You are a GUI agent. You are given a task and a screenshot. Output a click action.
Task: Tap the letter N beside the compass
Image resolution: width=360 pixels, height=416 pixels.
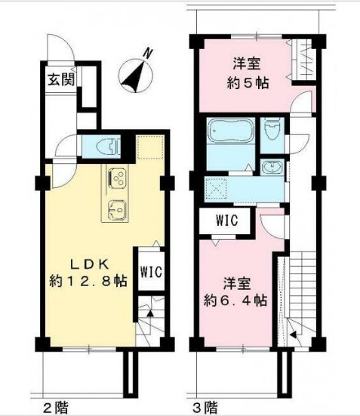point(150,52)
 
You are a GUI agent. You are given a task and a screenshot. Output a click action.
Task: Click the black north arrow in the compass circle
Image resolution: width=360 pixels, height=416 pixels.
point(137,74)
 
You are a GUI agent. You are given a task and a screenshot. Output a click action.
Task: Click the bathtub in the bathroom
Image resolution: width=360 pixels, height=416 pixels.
point(232,133)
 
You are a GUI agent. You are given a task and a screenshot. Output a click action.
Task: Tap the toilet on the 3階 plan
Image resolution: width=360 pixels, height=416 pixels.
point(273,131)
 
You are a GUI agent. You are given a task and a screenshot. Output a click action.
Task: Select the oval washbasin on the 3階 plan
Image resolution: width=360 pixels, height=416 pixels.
point(271,165)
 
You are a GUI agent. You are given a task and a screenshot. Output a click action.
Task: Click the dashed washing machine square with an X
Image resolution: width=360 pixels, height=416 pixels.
point(217,186)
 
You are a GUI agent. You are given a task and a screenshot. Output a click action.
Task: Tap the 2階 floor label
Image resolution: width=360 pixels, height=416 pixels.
point(52,407)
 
